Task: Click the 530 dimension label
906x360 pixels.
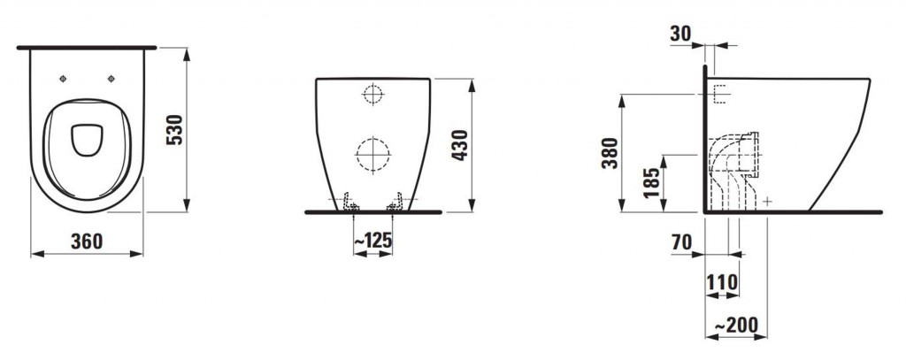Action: click(x=174, y=130)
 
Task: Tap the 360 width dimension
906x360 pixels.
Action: click(x=87, y=241)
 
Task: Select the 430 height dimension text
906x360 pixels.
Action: click(x=459, y=145)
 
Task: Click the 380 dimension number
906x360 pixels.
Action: click(x=610, y=152)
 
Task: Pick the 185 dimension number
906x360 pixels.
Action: click(x=651, y=182)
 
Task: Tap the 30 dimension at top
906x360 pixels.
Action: click(x=680, y=34)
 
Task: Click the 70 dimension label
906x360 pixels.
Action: click(x=682, y=242)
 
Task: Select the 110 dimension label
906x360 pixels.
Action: click(x=722, y=282)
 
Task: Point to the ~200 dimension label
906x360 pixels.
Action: click(x=736, y=326)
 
